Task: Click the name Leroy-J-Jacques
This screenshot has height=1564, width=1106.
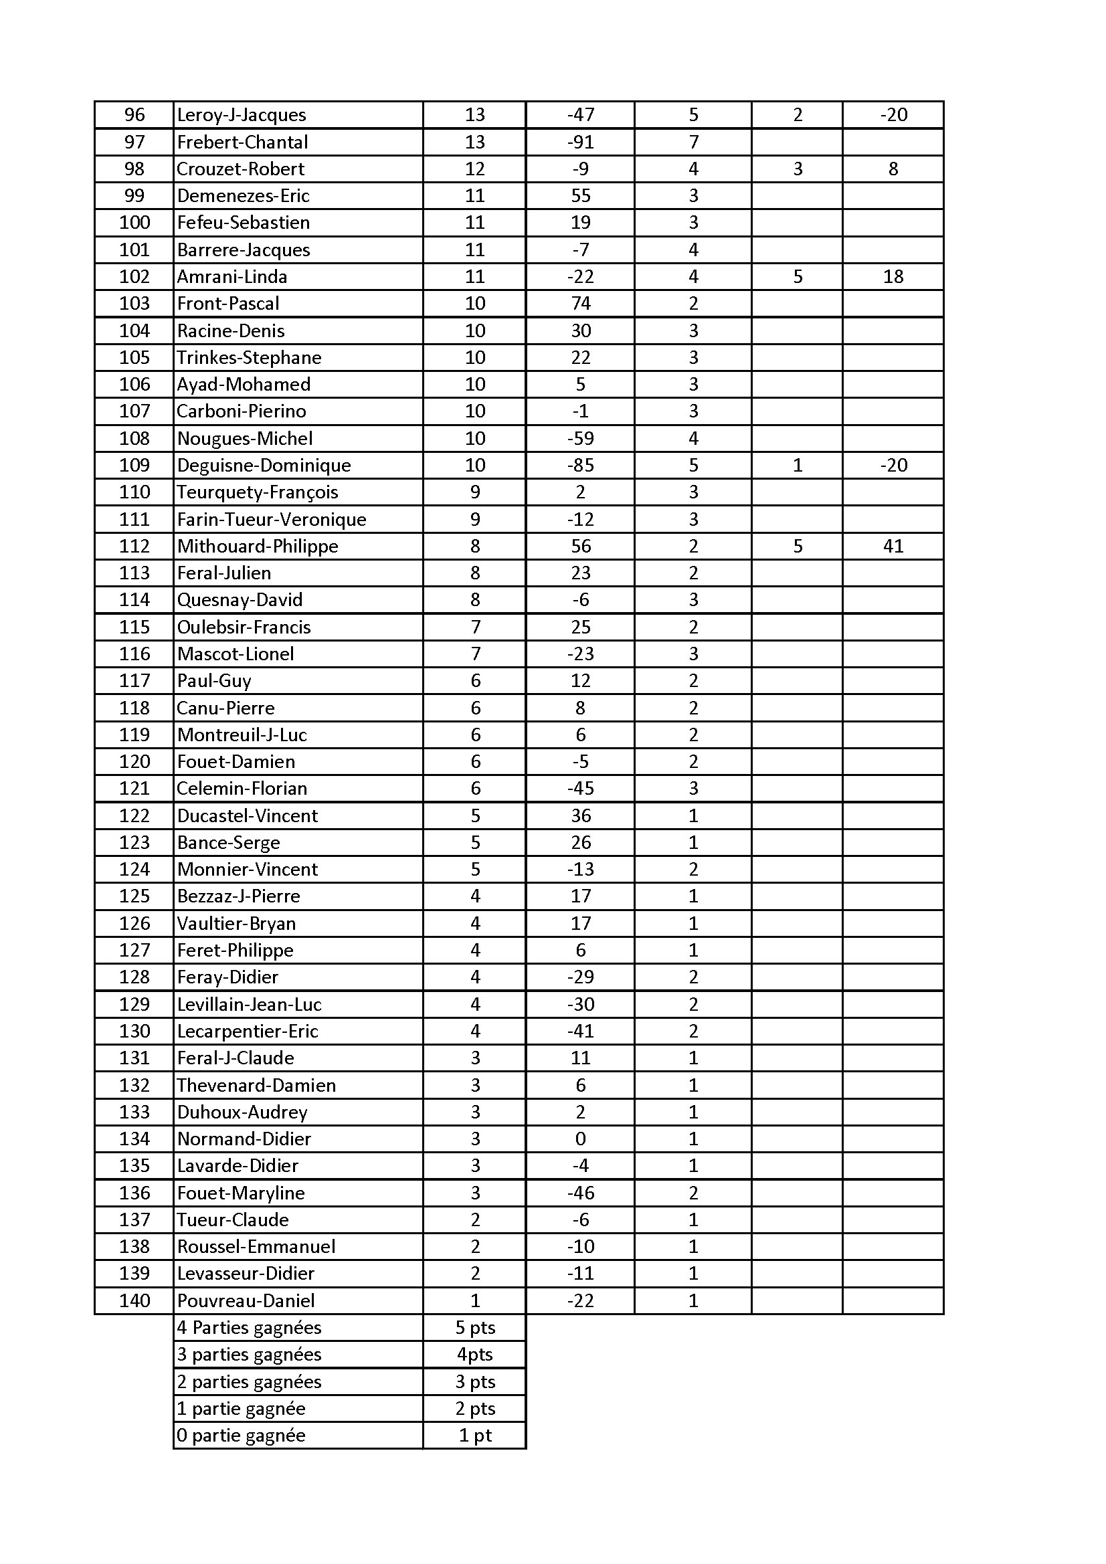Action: pyautogui.click(x=242, y=115)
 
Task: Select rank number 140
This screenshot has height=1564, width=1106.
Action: pyautogui.click(x=134, y=1300)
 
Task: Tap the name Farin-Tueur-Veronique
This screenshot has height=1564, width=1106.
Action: pyautogui.click(x=271, y=520)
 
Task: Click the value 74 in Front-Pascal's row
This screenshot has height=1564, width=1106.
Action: pyautogui.click(x=581, y=304)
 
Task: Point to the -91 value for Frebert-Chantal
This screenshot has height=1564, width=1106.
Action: pyautogui.click(x=581, y=142)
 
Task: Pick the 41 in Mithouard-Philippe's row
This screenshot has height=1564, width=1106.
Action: pyautogui.click(x=893, y=547)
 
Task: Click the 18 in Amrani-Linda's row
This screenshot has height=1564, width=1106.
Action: pyautogui.click(x=893, y=276)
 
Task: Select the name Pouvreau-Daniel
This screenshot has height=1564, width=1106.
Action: pyautogui.click(x=246, y=1300)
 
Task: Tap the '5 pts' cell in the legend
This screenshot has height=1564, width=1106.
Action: pyautogui.click(x=475, y=1328)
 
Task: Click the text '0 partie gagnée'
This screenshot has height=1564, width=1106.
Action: pyautogui.click(x=242, y=1436)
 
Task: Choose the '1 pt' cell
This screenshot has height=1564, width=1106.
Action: pyautogui.click(x=475, y=1436)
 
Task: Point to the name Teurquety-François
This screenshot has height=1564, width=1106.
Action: pyautogui.click(x=258, y=492)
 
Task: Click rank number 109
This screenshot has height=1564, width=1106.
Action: pyautogui.click(x=134, y=465)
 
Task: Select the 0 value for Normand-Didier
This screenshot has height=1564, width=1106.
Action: pyautogui.click(x=581, y=1139)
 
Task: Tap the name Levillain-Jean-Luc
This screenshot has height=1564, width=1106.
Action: pyautogui.click(x=249, y=1005)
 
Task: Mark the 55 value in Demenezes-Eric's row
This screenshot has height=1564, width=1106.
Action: pyautogui.click(x=581, y=196)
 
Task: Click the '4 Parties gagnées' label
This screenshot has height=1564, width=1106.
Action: pyautogui.click(x=249, y=1328)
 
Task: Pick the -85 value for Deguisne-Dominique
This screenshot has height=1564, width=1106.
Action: pyautogui.click(x=581, y=465)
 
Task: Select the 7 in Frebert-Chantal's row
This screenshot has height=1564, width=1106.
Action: pyautogui.click(x=693, y=142)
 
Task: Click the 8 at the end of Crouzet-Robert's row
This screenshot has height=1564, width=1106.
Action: pyautogui.click(x=893, y=169)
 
